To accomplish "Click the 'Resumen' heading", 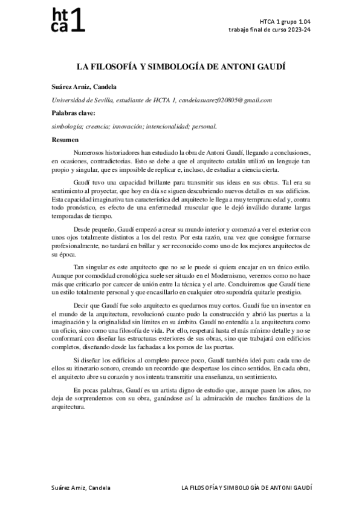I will point(63,140).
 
